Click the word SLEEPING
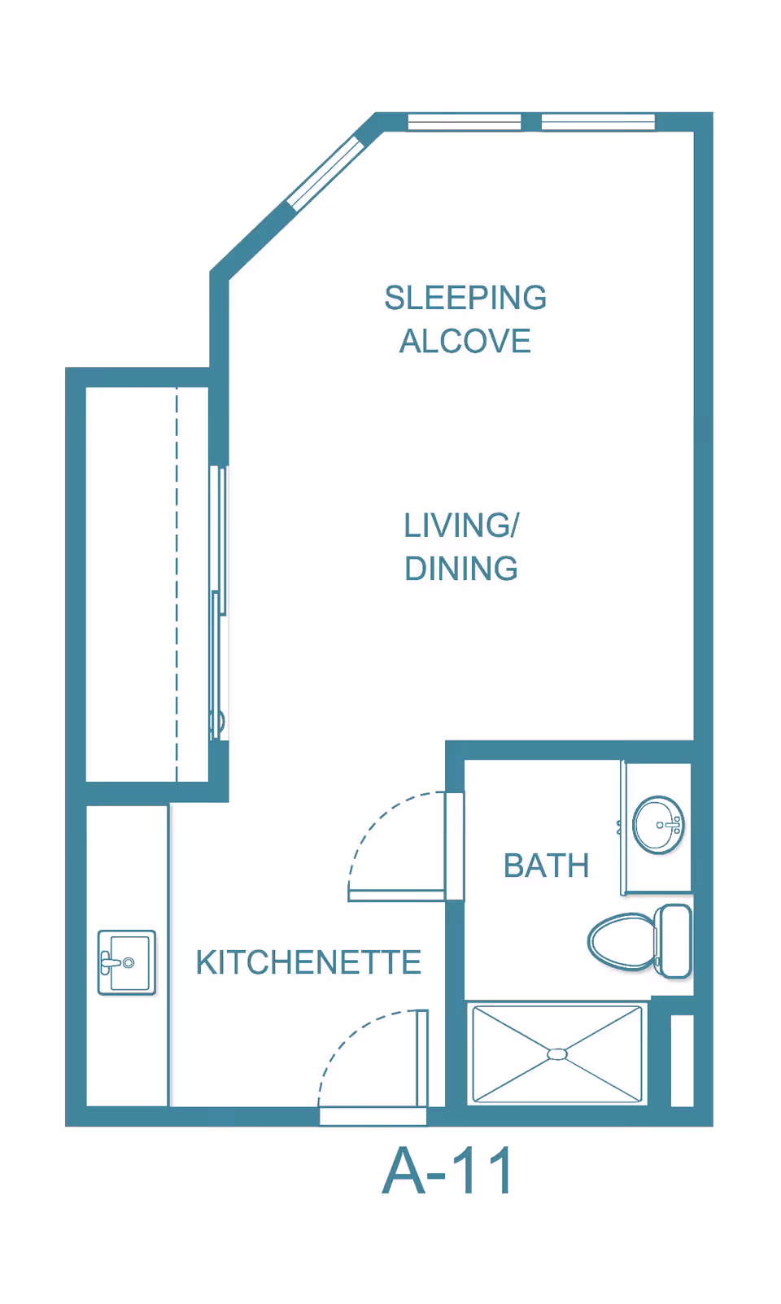click(x=465, y=299)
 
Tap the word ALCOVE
click(x=465, y=342)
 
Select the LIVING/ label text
click(x=461, y=526)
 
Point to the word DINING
click(x=461, y=569)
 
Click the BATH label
click(x=546, y=866)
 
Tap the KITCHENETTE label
click(x=308, y=963)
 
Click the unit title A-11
click(x=448, y=1171)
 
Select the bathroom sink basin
click(x=658, y=825)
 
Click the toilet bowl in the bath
click(x=620, y=942)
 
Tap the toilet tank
click(x=674, y=941)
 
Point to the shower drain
click(x=557, y=1054)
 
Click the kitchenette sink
click(x=127, y=962)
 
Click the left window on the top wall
click(x=464, y=122)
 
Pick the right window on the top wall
click(x=598, y=122)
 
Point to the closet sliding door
click(x=217, y=602)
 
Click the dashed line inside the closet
click(x=177, y=586)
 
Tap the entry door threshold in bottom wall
click(x=373, y=1116)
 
